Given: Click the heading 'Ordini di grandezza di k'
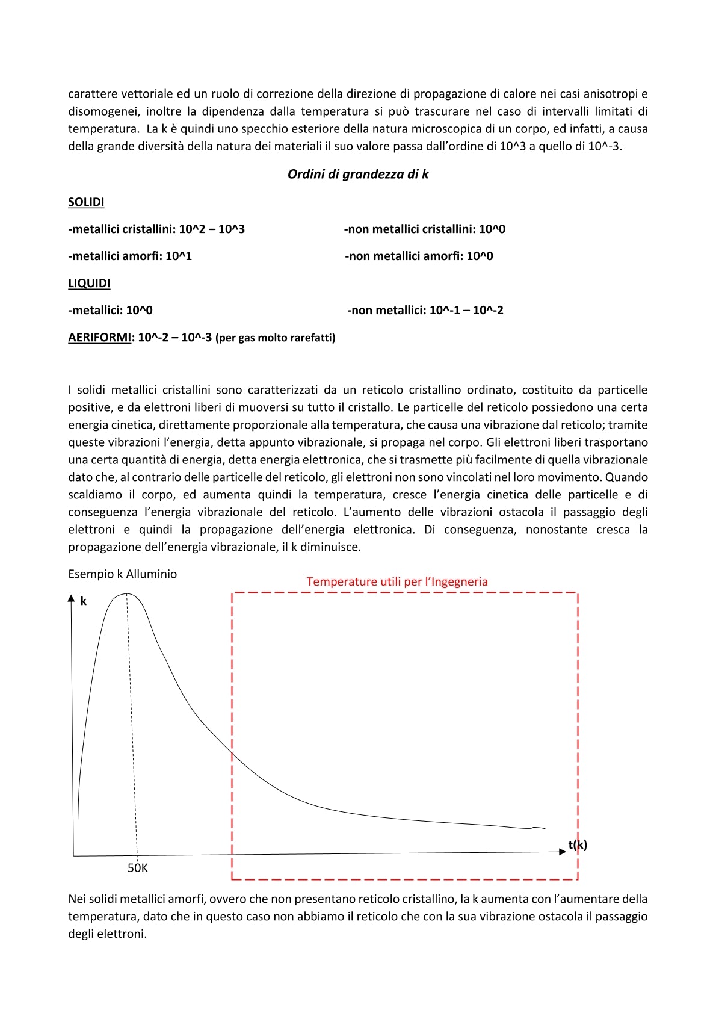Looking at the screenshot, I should (x=358, y=175).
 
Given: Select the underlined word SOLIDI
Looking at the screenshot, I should (x=86, y=202).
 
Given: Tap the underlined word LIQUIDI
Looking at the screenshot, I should (x=89, y=283).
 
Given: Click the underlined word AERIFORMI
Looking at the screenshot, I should (x=99, y=338).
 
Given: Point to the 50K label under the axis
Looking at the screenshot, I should (x=138, y=868).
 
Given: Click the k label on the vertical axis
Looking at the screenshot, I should (x=84, y=601).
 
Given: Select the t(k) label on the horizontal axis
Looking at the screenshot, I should (x=577, y=845).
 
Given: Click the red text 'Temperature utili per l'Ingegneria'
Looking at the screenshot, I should (x=397, y=582).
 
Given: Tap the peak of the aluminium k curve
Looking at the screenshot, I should (x=126, y=594).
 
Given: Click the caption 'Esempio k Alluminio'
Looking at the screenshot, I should (x=123, y=574).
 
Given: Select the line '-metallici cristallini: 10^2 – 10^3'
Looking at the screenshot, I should (x=156, y=229).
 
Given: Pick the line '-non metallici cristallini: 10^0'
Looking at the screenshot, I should (x=425, y=229).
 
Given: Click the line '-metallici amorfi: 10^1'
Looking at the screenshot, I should (x=130, y=256).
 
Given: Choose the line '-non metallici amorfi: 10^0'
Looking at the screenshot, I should (x=419, y=256).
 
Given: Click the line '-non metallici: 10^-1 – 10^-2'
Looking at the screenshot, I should (x=425, y=311).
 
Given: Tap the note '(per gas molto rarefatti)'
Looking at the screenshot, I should (x=276, y=338).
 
